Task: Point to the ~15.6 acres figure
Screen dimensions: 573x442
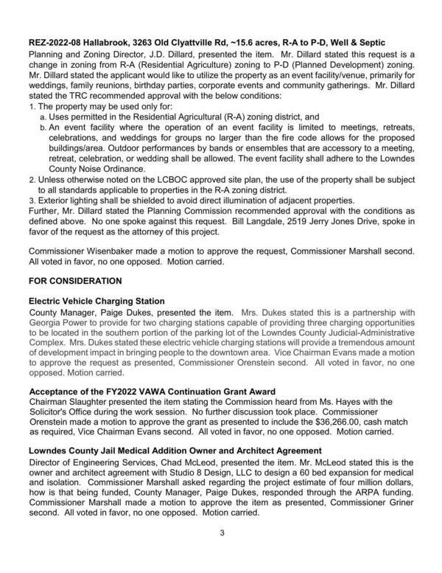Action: [268, 44]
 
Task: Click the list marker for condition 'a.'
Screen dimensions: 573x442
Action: [43, 117]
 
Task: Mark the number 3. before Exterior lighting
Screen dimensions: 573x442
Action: [31, 199]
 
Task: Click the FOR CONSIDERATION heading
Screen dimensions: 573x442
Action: [74, 282]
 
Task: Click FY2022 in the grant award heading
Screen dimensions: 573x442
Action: [110, 390]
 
